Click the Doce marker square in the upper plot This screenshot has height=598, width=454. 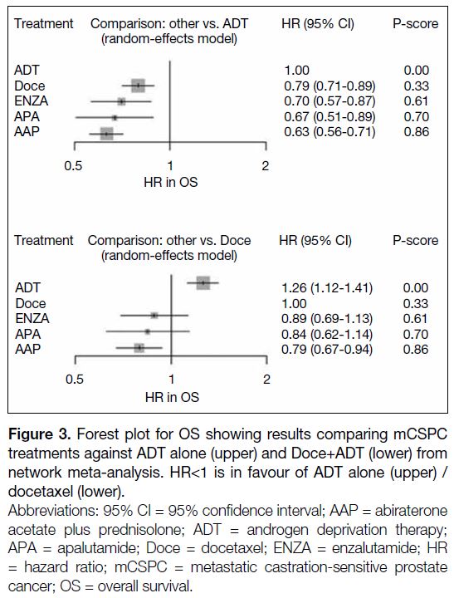click(138, 86)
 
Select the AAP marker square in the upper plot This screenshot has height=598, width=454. click(107, 134)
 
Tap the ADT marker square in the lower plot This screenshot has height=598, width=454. click(203, 282)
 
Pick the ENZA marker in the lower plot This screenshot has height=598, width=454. click(154, 316)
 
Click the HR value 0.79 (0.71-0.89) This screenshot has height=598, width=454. click(330, 86)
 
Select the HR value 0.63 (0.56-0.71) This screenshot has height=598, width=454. click(330, 132)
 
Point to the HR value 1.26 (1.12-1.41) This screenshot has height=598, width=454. click(327, 287)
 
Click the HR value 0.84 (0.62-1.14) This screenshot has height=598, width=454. click(327, 334)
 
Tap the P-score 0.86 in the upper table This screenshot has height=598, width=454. click(417, 132)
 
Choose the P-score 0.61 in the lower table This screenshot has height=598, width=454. click(416, 318)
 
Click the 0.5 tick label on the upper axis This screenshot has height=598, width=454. click(73, 166)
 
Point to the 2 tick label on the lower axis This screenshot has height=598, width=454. click(266, 379)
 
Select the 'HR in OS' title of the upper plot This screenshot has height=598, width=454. click(171, 182)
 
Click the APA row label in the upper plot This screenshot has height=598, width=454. click(27, 116)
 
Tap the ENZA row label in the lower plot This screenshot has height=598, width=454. click(32, 318)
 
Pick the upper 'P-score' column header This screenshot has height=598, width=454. click(416, 23)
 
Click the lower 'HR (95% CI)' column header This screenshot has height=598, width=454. click(315, 241)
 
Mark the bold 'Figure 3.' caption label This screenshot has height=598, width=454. click(40, 434)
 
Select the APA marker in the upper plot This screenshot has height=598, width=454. click(115, 117)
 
